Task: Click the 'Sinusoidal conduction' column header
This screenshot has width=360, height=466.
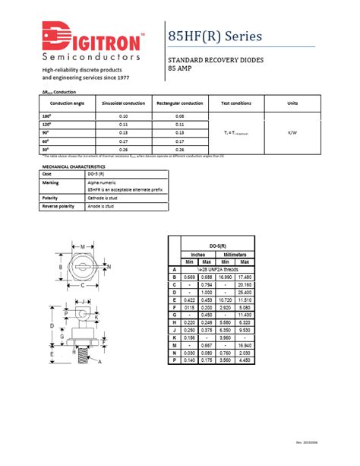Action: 123,103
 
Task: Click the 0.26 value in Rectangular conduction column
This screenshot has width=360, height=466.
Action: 180,149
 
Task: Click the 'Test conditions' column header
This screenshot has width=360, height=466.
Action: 236,103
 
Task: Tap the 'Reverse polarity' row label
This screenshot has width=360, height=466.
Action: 58,206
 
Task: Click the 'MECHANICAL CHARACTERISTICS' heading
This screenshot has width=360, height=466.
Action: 74,166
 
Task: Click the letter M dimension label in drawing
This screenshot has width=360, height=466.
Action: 82,246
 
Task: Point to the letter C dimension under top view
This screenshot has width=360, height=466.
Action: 82,285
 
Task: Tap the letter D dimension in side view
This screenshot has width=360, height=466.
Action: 52,326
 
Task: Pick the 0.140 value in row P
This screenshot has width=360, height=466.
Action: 190,361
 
